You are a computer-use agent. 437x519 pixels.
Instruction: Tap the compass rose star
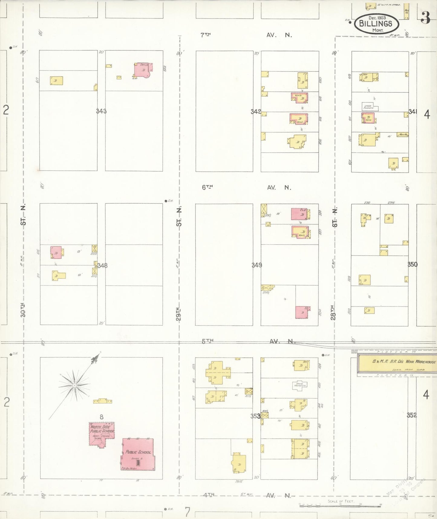(74, 385)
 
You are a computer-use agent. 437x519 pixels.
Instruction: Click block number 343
(101, 111)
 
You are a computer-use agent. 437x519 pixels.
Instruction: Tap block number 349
(257, 265)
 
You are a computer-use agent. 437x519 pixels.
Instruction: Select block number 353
(255, 416)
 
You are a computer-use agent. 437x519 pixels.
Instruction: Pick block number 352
(412, 415)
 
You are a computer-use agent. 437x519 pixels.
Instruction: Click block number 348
(102, 266)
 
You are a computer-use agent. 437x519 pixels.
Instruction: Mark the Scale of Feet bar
(340, 505)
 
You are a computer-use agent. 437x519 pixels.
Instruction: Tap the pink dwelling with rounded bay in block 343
(143, 70)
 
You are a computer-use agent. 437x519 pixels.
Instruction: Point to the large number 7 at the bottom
(188, 512)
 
